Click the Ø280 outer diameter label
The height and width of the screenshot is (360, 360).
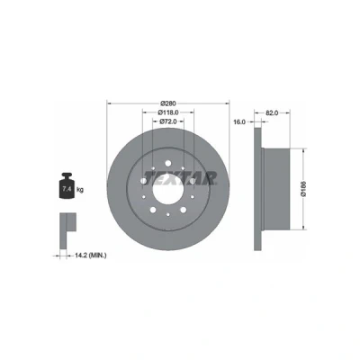(x=168, y=103)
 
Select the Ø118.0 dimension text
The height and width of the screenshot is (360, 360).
(x=168, y=112)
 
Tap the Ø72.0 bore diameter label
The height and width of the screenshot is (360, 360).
(x=167, y=121)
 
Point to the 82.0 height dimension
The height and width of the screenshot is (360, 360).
(x=273, y=112)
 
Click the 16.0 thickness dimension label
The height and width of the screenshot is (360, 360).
(x=239, y=121)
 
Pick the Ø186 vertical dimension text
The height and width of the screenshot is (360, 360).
(x=303, y=189)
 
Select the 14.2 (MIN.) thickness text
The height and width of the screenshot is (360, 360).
(x=90, y=256)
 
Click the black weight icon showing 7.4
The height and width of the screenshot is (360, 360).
(x=67, y=185)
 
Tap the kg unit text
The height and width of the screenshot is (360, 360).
(x=80, y=190)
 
